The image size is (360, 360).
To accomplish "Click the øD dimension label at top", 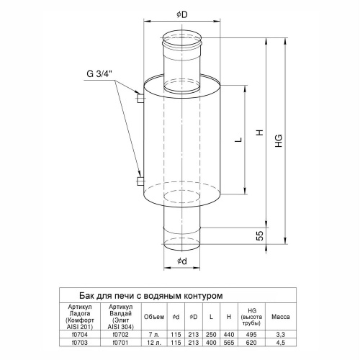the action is (x=182, y=15).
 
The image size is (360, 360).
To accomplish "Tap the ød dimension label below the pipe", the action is (x=182, y=261).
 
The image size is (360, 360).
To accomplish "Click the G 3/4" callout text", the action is (x=99, y=74).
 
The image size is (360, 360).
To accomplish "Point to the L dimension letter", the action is (x=238, y=140).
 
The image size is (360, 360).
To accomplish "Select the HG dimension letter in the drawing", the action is (x=279, y=141).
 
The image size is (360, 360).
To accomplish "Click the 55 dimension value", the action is (x=260, y=235).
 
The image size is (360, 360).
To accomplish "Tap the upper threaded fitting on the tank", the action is (x=140, y=98).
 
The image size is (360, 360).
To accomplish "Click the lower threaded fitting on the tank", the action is (x=140, y=181).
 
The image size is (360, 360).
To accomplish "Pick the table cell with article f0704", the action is (x=80, y=334).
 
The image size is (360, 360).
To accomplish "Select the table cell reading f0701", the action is (x=121, y=342).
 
